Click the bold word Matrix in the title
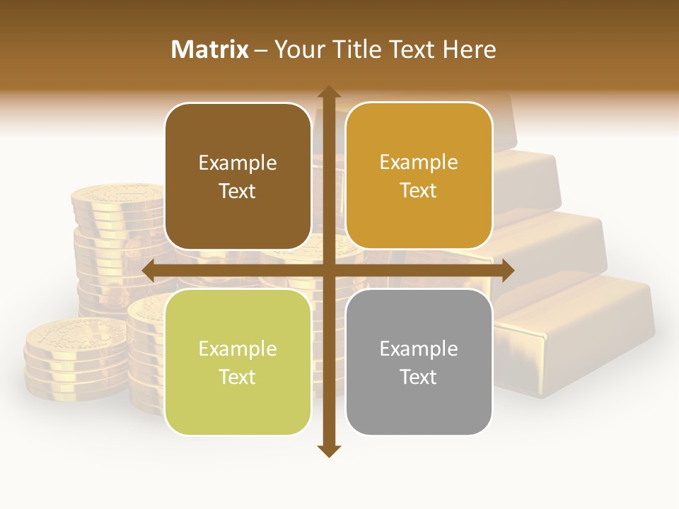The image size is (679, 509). (x=210, y=49)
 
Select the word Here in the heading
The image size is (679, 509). (x=469, y=49)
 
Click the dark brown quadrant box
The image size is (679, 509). (x=238, y=177)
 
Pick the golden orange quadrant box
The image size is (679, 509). (x=419, y=176)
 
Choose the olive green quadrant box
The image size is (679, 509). (x=238, y=362)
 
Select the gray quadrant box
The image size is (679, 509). (x=419, y=362)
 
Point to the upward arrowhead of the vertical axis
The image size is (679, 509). (x=328, y=92)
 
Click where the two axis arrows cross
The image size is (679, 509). (x=328, y=270)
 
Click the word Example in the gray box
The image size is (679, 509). (x=419, y=349)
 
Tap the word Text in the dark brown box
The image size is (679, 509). (x=238, y=191)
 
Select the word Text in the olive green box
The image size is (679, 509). (x=238, y=377)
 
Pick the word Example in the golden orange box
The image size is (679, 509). (x=419, y=162)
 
